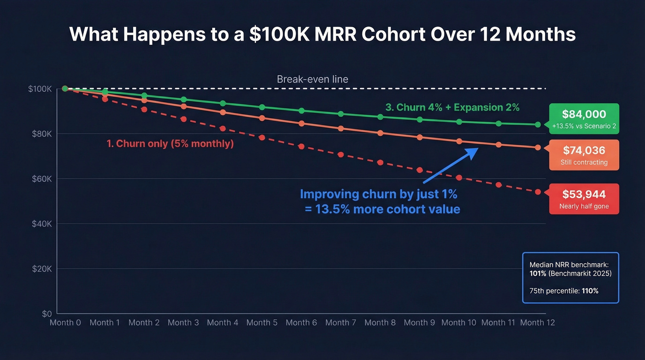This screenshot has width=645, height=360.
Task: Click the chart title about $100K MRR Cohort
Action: (x=322, y=35)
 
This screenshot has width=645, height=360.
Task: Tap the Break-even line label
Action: (x=312, y=79)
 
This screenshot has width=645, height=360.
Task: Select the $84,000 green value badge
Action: (x=584, y=118)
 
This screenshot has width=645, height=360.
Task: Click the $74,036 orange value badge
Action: (x=584, y=155)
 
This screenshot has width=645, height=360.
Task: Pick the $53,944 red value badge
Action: (x=584, y=199)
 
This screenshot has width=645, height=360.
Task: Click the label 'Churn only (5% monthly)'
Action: (x=170, y=144)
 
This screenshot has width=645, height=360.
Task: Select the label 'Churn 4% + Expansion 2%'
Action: (x=452, y=107)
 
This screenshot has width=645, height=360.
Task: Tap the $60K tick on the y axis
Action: (x=41, y=179)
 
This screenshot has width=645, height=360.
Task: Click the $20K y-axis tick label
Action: (x=41, y=269)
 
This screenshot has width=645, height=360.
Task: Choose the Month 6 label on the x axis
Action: (x=301, y=323)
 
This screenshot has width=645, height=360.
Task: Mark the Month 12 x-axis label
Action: (x=537, y=323)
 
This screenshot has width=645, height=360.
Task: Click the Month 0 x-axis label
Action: (x=65, y=323)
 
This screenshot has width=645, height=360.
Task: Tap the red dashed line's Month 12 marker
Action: (x=538, y=192)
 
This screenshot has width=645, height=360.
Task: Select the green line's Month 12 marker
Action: (x=538, y=124)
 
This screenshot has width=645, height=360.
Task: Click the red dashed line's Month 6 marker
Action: (x=301, y=147)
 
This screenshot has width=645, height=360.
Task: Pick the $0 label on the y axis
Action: (x=47, y=314)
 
